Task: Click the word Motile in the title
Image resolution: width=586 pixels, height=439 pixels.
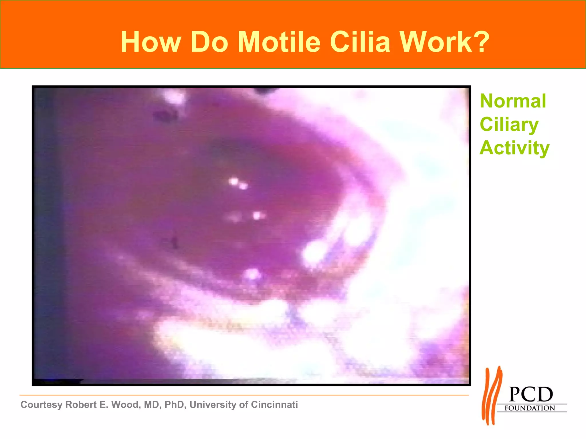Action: pos(279,42)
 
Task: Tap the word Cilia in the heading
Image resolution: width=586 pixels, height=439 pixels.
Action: pos(360,42)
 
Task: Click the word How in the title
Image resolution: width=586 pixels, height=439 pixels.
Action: pos(151,42)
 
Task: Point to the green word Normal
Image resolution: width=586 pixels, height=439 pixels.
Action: pos(513,101)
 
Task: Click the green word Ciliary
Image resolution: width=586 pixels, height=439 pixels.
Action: pos(509,125)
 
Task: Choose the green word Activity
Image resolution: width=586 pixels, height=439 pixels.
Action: pos(514,148)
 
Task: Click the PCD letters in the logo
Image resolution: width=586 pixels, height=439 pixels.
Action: pos(531,395)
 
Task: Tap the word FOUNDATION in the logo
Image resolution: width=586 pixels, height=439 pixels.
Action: pos(530,408)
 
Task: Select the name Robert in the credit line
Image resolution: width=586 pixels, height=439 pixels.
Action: pos(81,405)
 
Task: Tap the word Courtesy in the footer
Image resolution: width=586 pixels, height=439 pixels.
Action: pos(41,405)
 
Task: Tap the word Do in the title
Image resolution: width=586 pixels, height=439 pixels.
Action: pos(209,42)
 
